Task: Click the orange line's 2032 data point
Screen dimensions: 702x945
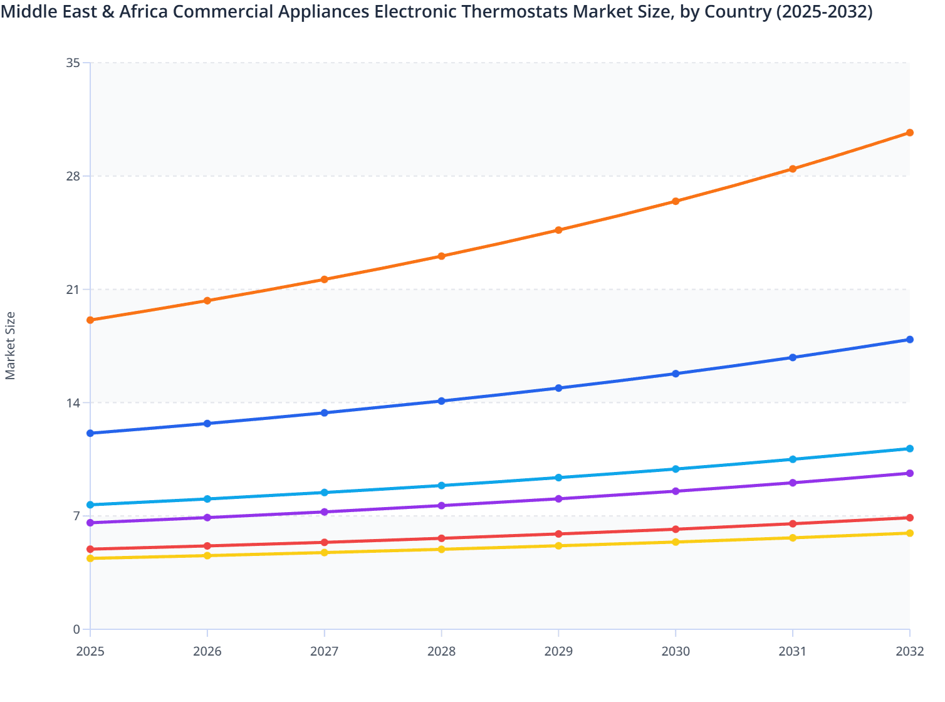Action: [x=909, y=133]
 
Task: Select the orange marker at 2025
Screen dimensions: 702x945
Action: [x=90, y=320]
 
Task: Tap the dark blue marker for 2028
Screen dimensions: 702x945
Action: [x=441, y=401]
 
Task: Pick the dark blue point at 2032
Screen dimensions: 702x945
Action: [x=909, y=340]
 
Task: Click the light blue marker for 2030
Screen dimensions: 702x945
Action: [x=676, y=469]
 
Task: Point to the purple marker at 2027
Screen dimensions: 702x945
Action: [x=325, y=512]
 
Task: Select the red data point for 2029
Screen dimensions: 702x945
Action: [x=558, y=534]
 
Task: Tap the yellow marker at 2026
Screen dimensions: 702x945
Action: [x=207, y=556]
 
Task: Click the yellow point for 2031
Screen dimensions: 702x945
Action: [x=793, y=538]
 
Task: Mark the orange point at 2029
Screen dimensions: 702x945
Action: [x=558, y=230]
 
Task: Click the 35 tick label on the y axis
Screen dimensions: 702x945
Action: [x=73, y=63]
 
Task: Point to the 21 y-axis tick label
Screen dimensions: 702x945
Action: [x=73, y=290]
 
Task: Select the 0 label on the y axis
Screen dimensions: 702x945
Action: [x=76, y=629]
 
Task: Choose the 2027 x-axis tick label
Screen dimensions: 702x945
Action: [x=325, y=652]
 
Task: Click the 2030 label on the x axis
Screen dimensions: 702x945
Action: [x=676, y=652]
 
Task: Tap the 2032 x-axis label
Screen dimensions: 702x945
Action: [x=909, y=652]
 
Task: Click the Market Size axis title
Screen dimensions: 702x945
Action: [x=11, y=345]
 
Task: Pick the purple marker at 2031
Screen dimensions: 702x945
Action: [x=793, y=483]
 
